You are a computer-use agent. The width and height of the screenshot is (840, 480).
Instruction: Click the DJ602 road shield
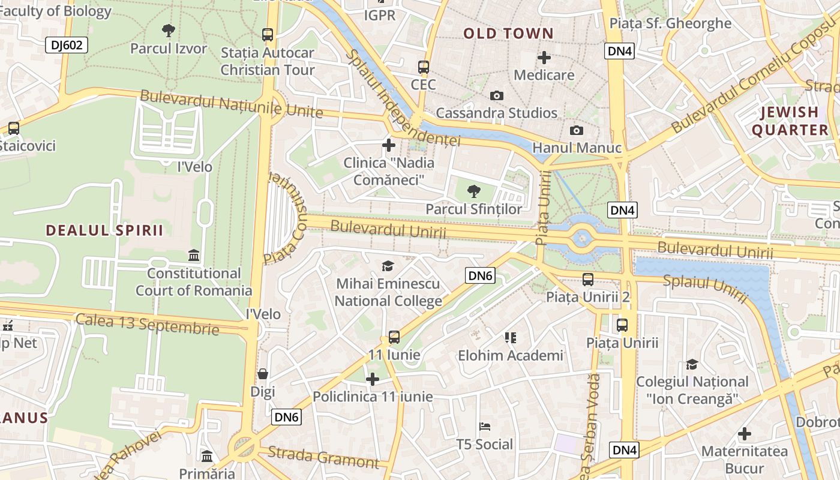[x=67, y=45]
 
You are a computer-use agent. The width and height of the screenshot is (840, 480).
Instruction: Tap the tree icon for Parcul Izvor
[x=169, y=30]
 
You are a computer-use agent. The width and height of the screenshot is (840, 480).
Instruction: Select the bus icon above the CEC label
[x=424, y=67]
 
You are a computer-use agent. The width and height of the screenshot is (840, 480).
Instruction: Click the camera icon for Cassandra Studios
[x=496, y=96]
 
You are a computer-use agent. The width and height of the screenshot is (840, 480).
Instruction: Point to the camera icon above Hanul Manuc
[x=576, y=130]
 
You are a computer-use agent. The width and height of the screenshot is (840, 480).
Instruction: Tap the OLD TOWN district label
[x=508, y=34]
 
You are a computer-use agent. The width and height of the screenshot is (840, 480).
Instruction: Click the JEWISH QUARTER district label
[x=790, y=121]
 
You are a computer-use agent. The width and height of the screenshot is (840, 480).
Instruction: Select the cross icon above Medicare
[x=544, y=58]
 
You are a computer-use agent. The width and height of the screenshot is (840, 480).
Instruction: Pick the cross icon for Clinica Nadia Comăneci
[x=389, y=145]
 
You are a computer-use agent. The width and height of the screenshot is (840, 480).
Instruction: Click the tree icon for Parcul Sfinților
[x=473, y=191]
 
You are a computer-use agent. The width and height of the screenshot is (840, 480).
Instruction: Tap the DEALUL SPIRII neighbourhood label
[x=104, y=230]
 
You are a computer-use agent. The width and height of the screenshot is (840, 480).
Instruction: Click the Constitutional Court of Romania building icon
[x=194, y=256]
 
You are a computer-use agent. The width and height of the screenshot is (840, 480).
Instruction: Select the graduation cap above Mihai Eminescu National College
[x=388, y=266]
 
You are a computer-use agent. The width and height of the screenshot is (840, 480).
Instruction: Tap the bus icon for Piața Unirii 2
[x=588, y=280]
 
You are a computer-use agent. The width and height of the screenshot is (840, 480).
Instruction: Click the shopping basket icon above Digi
[x=263, y=374]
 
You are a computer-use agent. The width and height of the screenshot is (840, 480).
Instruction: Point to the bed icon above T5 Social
[x=485, y=427]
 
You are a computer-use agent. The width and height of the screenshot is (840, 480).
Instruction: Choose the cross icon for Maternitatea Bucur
[x=745, y=434]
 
